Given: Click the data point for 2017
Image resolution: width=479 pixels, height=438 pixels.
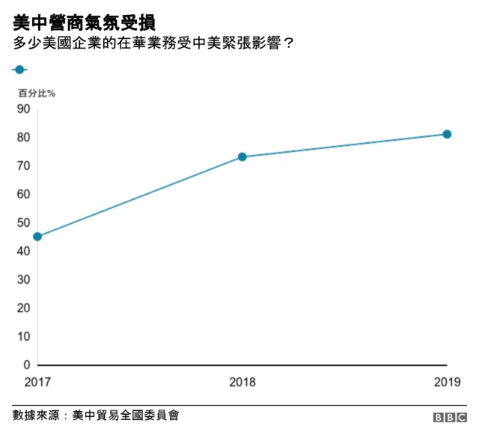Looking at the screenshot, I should pos(37,237).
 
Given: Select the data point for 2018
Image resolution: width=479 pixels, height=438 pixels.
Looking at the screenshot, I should pos(242,157).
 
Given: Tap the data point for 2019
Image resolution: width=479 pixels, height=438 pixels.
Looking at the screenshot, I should pos(447,134).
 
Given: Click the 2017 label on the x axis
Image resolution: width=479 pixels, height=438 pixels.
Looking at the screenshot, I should pos(37,382).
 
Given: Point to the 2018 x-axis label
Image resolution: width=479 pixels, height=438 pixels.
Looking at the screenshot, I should pos(242,382).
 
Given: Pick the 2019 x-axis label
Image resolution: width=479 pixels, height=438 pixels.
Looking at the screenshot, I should pos(447,382).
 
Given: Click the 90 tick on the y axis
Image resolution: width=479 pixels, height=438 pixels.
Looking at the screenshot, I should pos(23,109).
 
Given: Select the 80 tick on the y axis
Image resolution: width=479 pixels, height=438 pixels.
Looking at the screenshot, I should pos(23,138).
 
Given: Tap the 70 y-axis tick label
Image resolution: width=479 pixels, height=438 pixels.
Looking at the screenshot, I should pos(23,166).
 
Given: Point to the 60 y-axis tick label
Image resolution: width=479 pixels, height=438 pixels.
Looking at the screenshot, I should pos(23,195).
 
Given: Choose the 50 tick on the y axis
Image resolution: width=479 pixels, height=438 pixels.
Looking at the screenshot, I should pos(23,223).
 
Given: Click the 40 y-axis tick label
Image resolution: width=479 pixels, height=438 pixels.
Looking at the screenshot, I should pos(23,252).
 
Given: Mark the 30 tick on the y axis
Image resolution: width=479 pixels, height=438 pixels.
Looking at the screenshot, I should pos(23,280).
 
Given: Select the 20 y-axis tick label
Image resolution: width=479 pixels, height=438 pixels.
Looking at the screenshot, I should pos(23,308).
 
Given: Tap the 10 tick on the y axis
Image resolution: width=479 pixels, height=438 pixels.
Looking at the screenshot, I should pos(23,337).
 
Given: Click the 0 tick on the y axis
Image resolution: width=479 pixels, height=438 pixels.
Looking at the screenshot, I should pos(26,365).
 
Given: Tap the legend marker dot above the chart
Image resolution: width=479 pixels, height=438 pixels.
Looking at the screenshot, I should pos(19,70).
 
